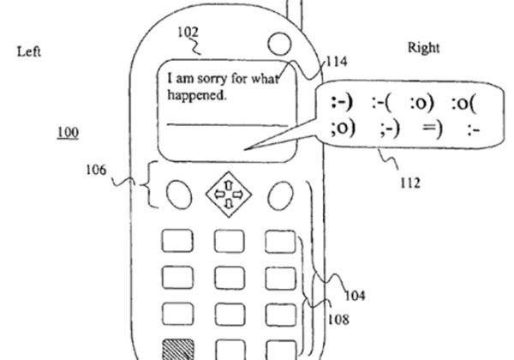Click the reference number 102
[188, 33]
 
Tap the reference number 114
[336, 62]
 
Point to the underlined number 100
[68, 133]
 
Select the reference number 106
[96, 171]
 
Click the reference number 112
[410, 183]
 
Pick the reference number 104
[355, 296]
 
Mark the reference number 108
[338, 319]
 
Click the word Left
[29, 51]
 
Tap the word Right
[423, 48]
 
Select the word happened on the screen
[197, 95]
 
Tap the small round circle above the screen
[279, 44]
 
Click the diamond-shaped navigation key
[229, 195]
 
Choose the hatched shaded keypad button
[178, 350]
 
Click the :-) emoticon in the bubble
[342, 103]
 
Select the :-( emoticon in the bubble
[381, 104]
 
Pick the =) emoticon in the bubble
[433, 129]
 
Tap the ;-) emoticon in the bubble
[390, 129]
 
